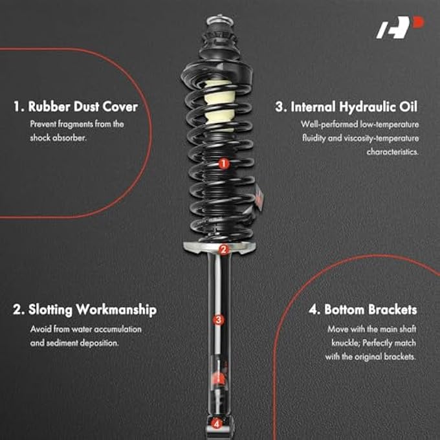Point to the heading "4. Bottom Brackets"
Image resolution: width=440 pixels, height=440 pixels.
[362, 310]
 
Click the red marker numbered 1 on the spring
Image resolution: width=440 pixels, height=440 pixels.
[223, 164]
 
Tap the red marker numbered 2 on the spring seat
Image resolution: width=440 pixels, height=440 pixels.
[223, 249]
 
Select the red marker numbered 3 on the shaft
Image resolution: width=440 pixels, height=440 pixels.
[219, 319]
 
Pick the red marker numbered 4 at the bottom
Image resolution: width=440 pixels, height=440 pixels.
[217, 424]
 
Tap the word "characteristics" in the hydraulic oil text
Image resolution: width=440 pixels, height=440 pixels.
[393, 152]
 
